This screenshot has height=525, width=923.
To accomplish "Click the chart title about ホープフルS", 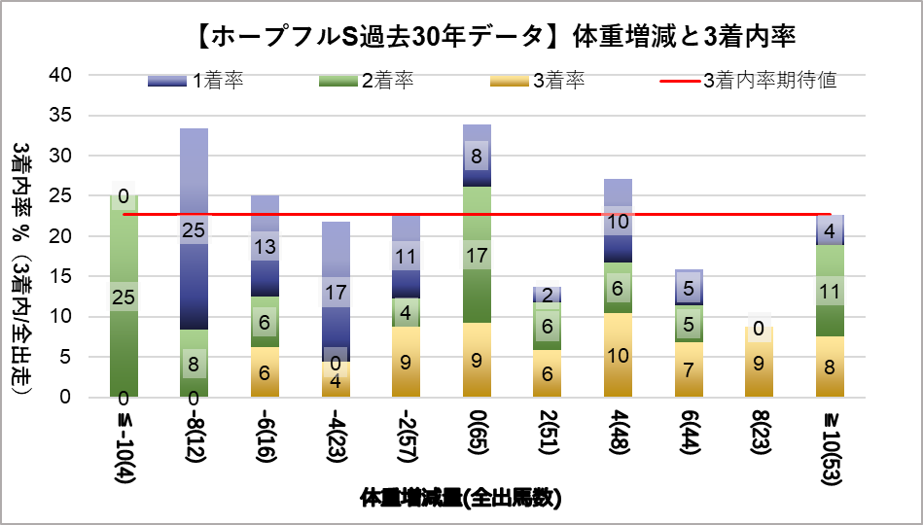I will pyautogui.click(x=491, y=37).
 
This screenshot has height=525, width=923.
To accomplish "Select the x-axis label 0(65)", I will pyautogui.click(x=477, y=437).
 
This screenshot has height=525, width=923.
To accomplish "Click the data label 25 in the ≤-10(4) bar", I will pyautogui.click(x=123, y=297).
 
